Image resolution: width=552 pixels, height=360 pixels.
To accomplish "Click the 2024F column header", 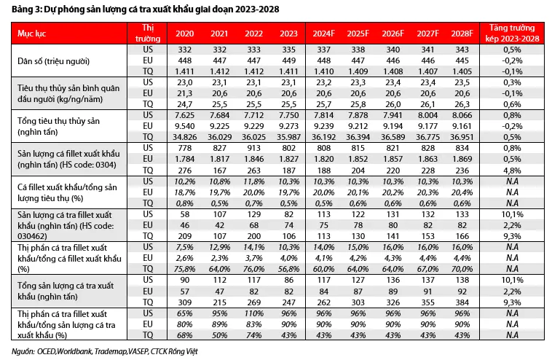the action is click(323, 34).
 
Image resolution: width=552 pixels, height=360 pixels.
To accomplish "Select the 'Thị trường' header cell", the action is click(148, 33).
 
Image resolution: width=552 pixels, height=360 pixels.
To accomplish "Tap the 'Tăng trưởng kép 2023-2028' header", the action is click(512, 33).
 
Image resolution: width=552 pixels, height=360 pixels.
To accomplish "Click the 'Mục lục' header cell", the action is click(32, 34).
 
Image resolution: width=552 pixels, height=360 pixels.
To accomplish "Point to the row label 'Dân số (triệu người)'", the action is click(53, 61).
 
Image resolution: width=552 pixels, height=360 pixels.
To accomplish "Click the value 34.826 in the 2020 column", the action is click(184, 137).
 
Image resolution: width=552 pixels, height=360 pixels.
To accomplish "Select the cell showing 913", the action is click(254, 148).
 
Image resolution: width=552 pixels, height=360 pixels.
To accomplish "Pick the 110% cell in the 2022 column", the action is click(254, 313).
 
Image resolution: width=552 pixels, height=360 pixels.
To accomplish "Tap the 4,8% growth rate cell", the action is click(512, 171).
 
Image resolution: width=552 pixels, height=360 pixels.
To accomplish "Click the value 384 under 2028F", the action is click(462, 302).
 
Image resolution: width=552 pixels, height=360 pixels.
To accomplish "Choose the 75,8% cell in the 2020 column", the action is click(184, 269).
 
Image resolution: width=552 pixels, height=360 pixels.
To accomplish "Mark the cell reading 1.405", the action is click(462, 71).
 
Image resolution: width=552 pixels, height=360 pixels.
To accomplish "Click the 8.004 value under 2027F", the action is click(427, 115).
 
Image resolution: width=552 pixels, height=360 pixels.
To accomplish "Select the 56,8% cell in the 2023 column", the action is click(288, 269).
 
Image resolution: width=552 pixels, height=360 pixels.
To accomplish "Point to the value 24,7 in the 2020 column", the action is click(184, 104).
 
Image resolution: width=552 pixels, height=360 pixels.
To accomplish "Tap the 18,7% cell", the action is click(184, 192).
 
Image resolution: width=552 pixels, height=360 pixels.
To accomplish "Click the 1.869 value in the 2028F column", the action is click(462, 159).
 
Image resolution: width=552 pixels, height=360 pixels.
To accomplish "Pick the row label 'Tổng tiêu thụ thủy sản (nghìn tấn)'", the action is click(58, 127).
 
